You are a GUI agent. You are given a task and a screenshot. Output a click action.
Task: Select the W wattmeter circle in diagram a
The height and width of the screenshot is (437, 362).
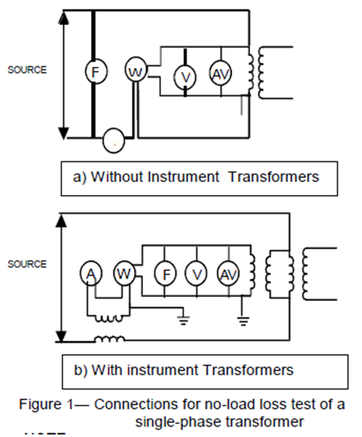[135, 71]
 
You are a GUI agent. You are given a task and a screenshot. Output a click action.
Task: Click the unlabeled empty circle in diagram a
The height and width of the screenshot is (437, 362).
[113, 139]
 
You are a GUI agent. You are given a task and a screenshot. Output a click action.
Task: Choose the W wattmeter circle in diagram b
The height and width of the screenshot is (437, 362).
[124, 275]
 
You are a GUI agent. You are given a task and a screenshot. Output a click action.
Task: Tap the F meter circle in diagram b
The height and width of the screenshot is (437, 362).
[163, 275]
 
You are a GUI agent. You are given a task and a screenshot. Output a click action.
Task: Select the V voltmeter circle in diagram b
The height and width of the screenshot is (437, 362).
[196, 275]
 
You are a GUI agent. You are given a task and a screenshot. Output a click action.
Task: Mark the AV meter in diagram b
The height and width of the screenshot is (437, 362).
[228, 275]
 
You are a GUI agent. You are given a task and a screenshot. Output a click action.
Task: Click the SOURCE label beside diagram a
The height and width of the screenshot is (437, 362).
[26, 69]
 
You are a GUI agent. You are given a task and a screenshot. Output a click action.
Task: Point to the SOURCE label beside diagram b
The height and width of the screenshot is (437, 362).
[26, 264]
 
